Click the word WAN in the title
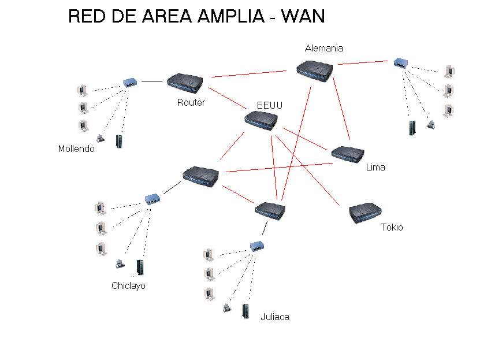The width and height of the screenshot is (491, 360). pyautogui.click(x=303, y=16)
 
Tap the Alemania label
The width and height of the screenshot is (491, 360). pyautogui.click(x=324, y=49)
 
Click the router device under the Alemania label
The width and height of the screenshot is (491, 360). pyautogui.click(x=314, y=71)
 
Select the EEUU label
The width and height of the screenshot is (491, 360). pyautogui.click(x=270, y=105)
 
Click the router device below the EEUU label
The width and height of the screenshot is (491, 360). pyautogui.click(x=261, y=121)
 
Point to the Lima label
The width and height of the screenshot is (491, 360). pyautogui.click(x=375, y=168)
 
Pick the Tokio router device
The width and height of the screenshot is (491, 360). pyautogui.click(x=366, y=213)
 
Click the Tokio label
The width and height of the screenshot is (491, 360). pyautogui.click(x=392, y=227)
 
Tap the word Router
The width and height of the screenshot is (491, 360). pyautogui.click(x=191, y=102)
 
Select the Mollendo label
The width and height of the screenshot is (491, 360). pyautogui.click(x=76, y=149)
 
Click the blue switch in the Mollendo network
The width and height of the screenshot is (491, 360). pyautogui.click(x=130, y=83)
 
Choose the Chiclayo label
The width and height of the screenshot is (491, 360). pyautogui.click(x=128, y=285)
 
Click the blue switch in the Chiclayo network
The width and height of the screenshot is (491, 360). pyautogui.click(x=152, y=199)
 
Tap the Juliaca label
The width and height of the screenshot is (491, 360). pyautogui.click(x=275, y=317)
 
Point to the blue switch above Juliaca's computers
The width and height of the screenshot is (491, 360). pyautogui.click(x=257, y=246)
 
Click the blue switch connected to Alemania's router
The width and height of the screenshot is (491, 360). pyautogui.click(x=401, y=62)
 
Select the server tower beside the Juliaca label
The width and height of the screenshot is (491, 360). pyautogui.click(x=246, y=311)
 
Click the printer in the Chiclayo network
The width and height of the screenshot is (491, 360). pyautogui.click(x=120, y=264)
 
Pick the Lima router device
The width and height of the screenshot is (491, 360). pyautogui.click(x=348, y=154)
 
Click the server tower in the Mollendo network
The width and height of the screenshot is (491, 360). pyautogui.click(x=119, y=142)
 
